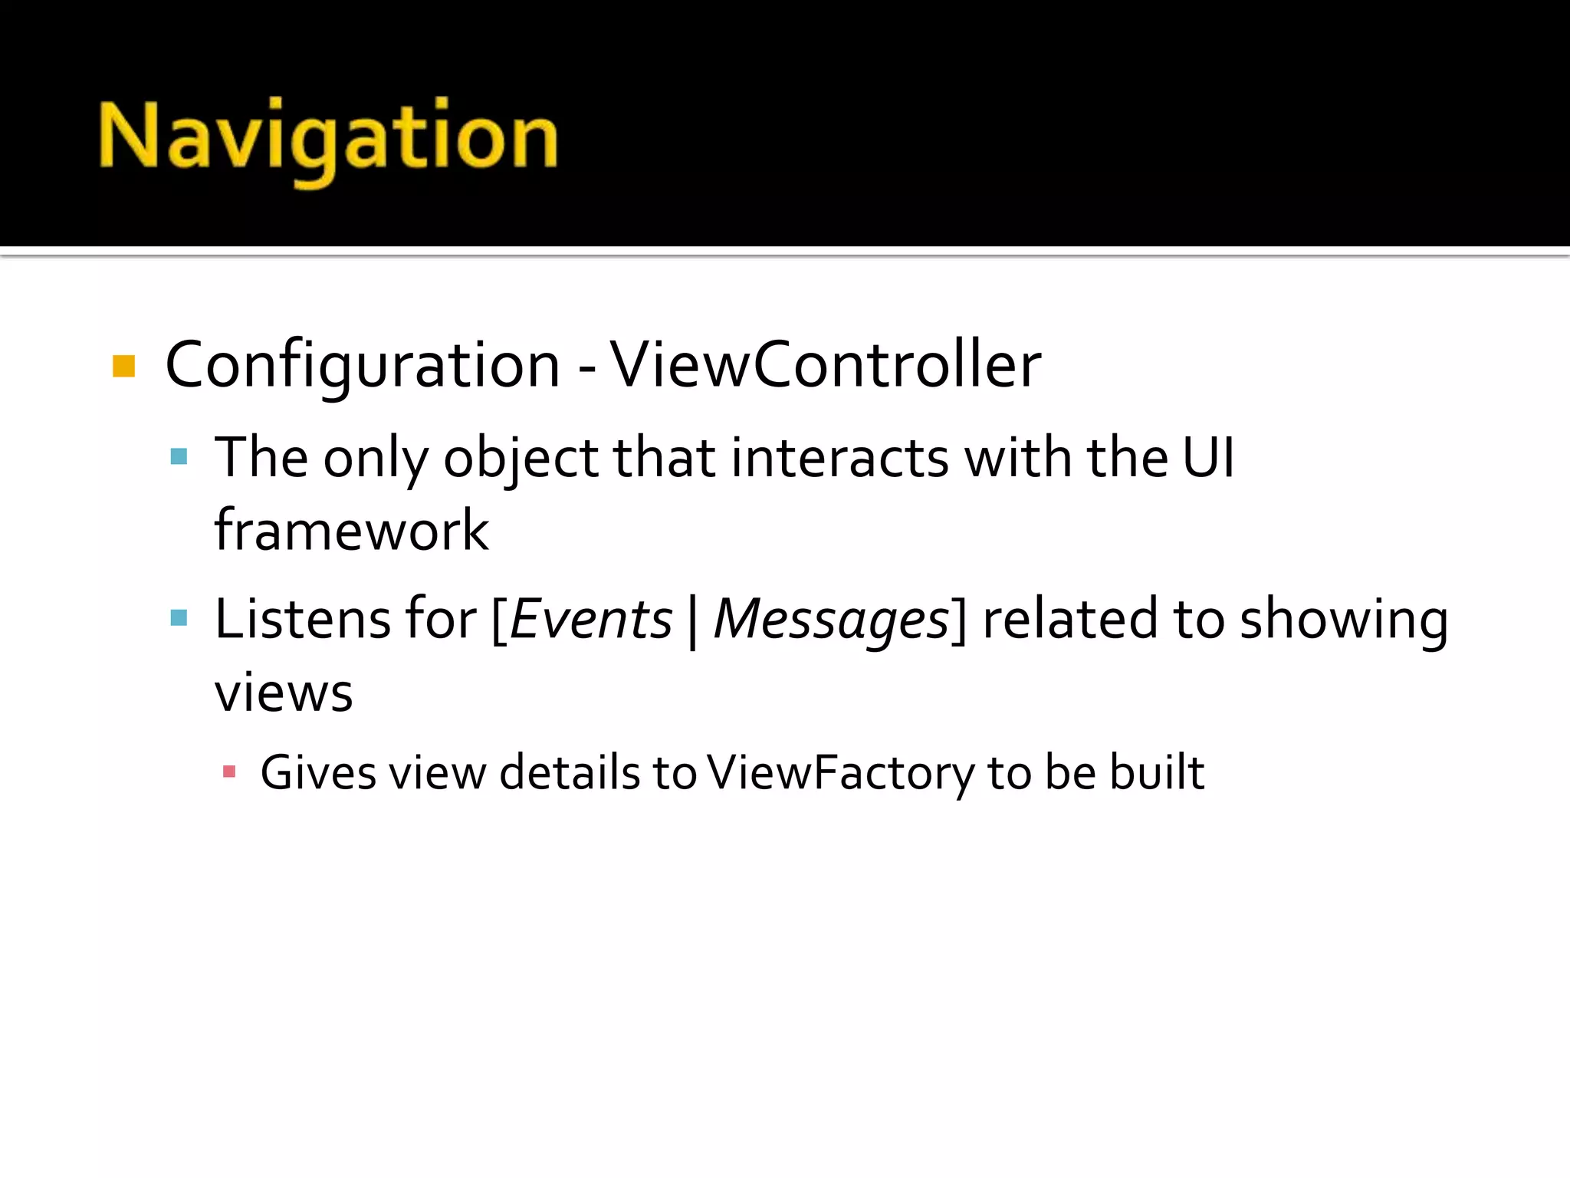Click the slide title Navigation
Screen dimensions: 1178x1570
[328, 138]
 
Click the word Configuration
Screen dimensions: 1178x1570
[363, 365]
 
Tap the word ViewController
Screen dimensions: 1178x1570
[826, 365]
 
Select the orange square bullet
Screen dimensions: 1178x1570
[123, 366]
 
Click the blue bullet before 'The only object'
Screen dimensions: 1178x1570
[179, 457]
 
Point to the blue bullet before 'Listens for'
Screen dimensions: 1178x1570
[179, 618]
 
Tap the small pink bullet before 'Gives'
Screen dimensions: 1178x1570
[228, 772]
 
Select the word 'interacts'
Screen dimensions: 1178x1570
[840, 458]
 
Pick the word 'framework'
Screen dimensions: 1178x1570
[351, 531]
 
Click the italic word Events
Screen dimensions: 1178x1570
[591, 620]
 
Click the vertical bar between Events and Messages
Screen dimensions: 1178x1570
[693, 621]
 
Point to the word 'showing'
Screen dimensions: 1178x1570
[1344, 620]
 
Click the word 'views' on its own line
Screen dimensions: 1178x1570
[284, 693]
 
